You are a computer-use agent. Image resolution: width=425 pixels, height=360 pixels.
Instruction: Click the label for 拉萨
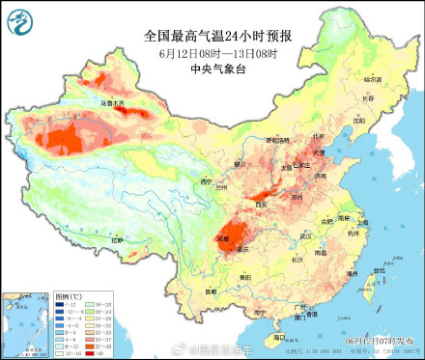[x=118, y=238]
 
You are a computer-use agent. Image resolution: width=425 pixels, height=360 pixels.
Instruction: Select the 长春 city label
[x=366, y=97]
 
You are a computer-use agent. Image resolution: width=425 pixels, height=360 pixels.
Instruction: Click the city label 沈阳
[x=358, y=121]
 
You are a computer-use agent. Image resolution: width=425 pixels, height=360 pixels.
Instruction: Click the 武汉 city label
[x=306, y=235]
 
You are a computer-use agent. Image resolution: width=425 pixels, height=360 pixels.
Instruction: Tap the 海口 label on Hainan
[x=279, y=338]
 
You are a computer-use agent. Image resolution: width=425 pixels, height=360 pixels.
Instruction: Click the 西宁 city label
[x=204, y=180]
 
